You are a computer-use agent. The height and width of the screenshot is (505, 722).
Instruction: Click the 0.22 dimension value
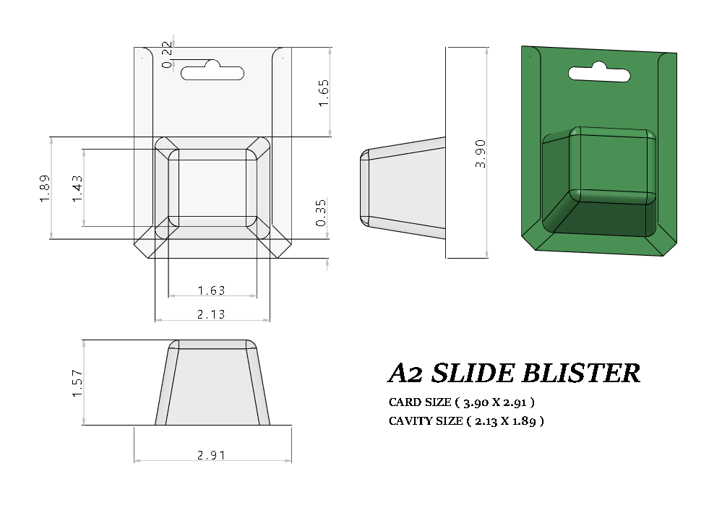[x=167, y=55]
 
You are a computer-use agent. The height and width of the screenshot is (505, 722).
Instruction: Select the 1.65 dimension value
[x=324, y=93]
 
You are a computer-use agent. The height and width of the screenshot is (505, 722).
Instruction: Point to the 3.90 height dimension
[x=481, y=154]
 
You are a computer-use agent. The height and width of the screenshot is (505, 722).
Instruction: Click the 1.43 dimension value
[x=77, y=189]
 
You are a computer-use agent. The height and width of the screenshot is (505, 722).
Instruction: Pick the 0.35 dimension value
[x=322, y=212]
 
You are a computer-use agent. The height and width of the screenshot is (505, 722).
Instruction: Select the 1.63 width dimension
[x=212, y=290]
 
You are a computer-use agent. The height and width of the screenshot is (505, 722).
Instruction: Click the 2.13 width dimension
[x=212, y=314]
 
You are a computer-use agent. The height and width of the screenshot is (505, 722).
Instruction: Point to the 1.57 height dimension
[x=77, y=383]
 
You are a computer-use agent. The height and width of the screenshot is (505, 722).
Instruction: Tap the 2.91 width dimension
[x=212, y=455]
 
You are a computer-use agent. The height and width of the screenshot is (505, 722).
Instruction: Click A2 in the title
[x=405, y=374]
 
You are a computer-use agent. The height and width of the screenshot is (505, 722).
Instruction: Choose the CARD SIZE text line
[x=462, y=402]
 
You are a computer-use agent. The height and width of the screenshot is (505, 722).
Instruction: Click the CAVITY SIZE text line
[x=466, y=420]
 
